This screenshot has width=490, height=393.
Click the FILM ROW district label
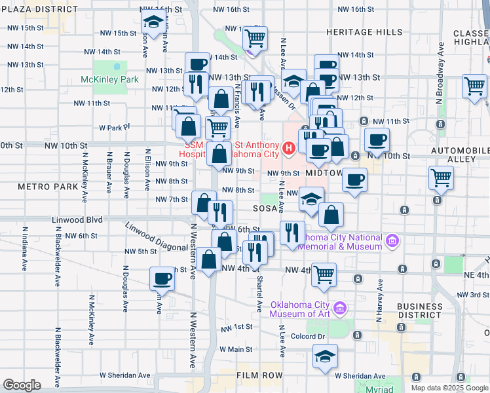point(260,375)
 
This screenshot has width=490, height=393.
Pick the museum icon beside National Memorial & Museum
point(392,242)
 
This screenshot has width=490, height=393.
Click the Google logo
point(21,384)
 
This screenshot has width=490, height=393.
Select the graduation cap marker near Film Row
point(325,356)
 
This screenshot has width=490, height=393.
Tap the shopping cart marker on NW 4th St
point(324,276)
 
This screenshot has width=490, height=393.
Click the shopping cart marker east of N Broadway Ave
point(474,86)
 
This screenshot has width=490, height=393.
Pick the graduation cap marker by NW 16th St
point(153,22)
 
